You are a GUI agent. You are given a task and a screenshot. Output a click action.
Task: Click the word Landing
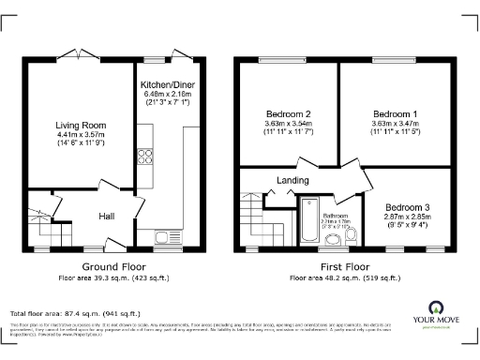click(x=292, y=180)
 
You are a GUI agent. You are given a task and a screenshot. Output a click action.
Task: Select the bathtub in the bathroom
click(x=310, y=221)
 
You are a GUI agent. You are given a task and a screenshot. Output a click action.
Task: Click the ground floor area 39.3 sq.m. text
click(x=100, y=277)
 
